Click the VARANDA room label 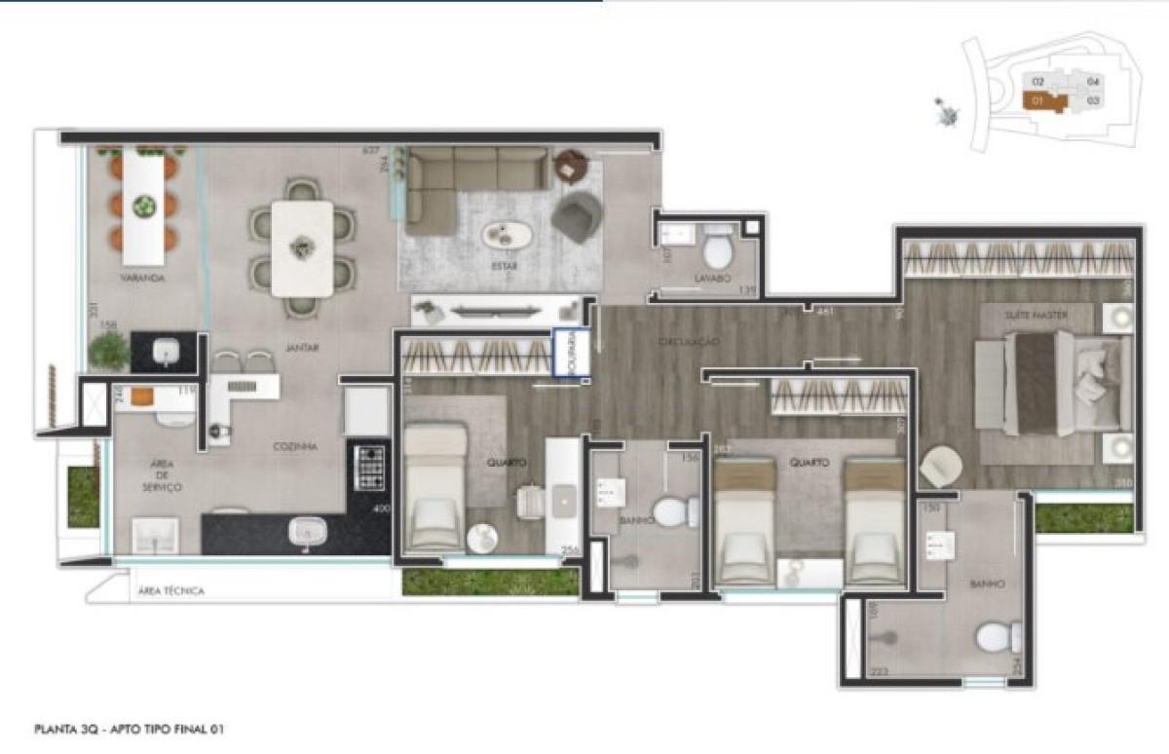[x=141, y=278]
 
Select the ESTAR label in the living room [x=504, y=265]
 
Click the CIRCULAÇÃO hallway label [x=688, y=342]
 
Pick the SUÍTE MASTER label [x=1037, y=315]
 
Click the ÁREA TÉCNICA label [x=171, y=590]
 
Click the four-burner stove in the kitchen [x=370, y=468]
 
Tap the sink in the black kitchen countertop [x=307, y=531]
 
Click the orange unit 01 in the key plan [x=1040, y=100]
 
